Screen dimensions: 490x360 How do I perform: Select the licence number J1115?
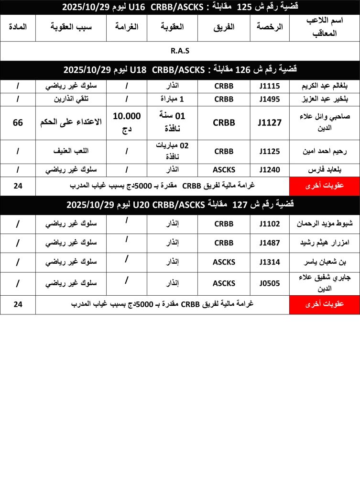point(269,86)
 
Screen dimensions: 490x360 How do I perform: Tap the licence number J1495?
point(269,99)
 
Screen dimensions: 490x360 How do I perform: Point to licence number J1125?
point(269,151)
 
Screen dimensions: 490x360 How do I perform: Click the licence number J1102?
point(269,223)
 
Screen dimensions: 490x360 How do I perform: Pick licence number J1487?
point(269,243)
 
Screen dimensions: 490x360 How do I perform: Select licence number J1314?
point(269,262)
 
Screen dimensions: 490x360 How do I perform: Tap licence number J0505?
point(269,283)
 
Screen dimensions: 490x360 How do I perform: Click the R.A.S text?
point(180,51)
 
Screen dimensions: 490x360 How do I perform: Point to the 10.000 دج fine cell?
point(127,122)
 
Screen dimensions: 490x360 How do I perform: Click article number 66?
point(18,122)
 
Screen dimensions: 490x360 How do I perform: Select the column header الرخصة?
point(269,27)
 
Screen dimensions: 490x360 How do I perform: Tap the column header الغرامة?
point(127,27)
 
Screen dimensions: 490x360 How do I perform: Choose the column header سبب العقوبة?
point(71,27)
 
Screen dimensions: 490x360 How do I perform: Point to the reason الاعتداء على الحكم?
point(71,122)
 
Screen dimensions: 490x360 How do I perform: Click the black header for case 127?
point(180,205)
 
